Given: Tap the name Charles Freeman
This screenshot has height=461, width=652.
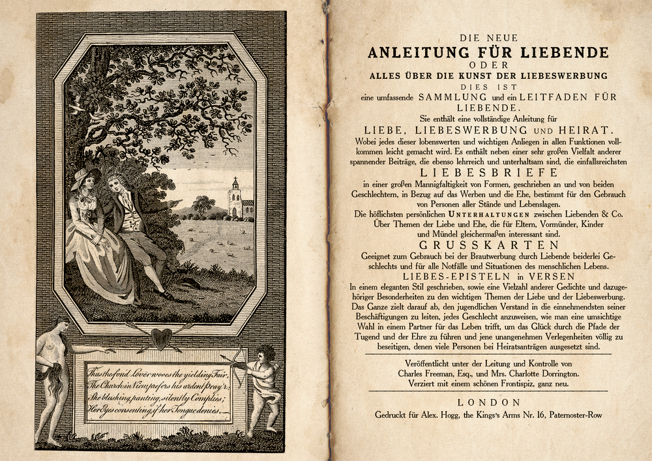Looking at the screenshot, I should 428,374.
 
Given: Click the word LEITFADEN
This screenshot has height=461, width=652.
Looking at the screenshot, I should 542,97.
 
